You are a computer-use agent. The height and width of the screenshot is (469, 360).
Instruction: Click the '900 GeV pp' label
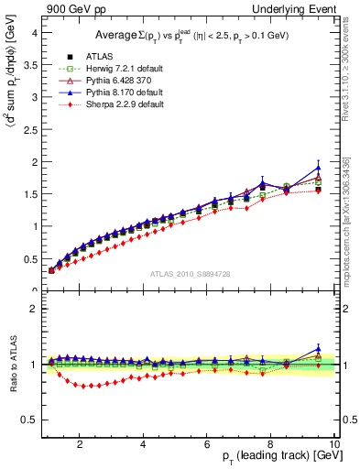[x=71, y=8]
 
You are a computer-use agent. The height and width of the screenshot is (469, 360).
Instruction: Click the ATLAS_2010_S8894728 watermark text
[x=190, y=274]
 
